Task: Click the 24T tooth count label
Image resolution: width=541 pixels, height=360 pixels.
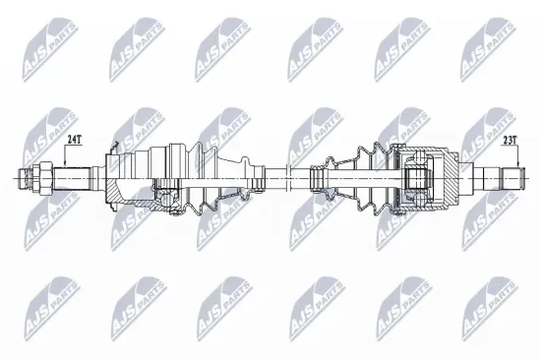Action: point(73,141)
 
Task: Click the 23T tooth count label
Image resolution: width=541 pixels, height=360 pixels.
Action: point(511,141)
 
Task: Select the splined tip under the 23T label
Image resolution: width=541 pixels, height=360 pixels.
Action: point(511,179)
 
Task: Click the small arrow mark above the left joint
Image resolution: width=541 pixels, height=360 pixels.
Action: point(115,148)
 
